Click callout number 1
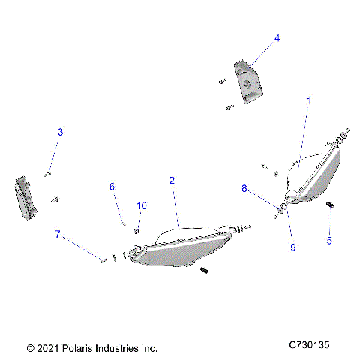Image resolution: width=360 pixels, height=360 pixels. pos(309,99)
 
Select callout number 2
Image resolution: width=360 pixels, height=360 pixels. pos(172,181)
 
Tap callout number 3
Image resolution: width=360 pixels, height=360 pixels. pos(61,132)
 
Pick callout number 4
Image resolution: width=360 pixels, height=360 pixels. pos(277,37)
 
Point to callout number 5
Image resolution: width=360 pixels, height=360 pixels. pos(328,241)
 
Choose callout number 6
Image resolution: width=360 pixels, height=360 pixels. pos(112,186)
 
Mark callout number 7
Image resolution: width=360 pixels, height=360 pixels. pos(57,234)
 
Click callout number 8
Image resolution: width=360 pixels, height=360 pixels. pos(244,189)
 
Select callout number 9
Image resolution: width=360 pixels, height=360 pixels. pos(293,247)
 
